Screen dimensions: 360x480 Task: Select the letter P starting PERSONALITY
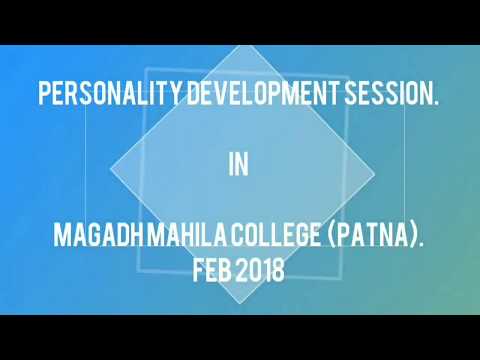click(x=43, y=97)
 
